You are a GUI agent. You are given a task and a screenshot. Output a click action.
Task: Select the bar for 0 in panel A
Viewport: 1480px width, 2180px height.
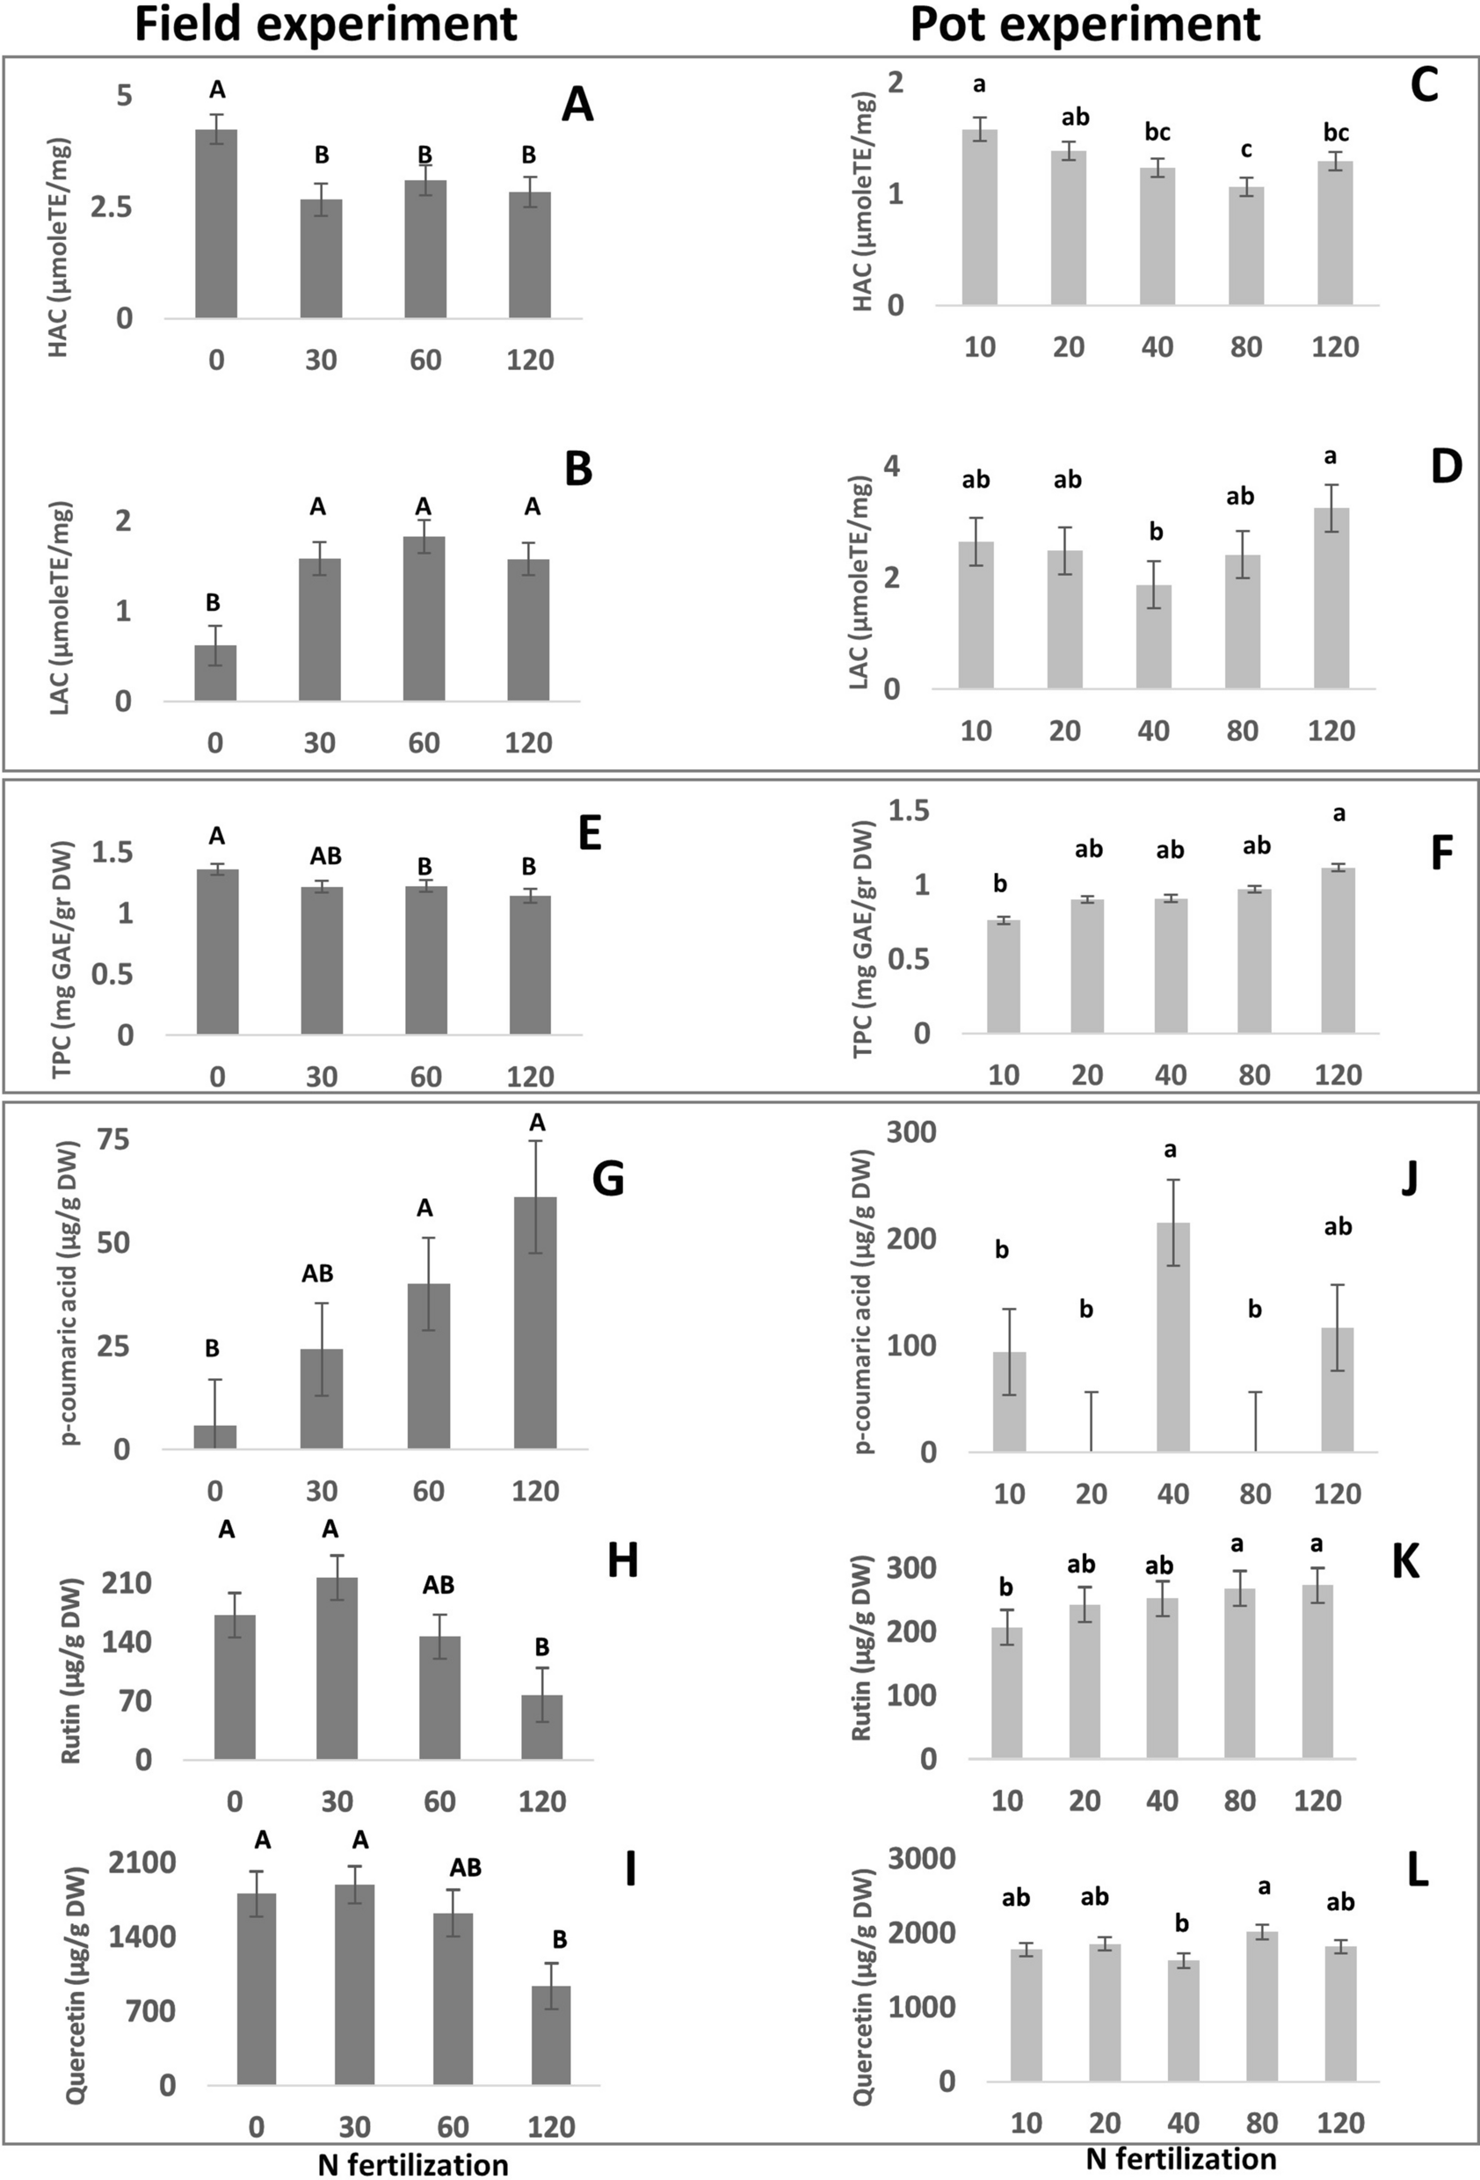(x=215, y=225)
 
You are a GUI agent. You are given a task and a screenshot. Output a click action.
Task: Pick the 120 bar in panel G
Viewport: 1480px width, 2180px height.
(x=535, y=1323)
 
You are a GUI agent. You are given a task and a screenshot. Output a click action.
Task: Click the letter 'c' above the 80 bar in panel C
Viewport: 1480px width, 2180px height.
(x=1245, y=149)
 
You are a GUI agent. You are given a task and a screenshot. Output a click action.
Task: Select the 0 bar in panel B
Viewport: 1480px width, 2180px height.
(x=214, y=672)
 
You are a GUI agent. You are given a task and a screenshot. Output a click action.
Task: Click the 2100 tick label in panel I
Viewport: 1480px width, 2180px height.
(x=141, y=1863)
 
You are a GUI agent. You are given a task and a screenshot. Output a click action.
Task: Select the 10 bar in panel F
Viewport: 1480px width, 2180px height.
(x=1003, y=977)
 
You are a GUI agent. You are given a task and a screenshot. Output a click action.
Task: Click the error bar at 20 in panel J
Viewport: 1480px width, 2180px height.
(x=1091, y=1421)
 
